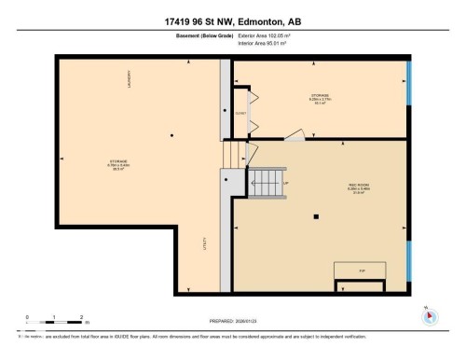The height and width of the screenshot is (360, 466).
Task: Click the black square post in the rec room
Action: click(x=317, y=217)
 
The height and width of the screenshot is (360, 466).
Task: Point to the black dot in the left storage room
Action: click(x=171, y=136)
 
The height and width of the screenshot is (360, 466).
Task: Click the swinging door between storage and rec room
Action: click(x=295, y=137)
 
